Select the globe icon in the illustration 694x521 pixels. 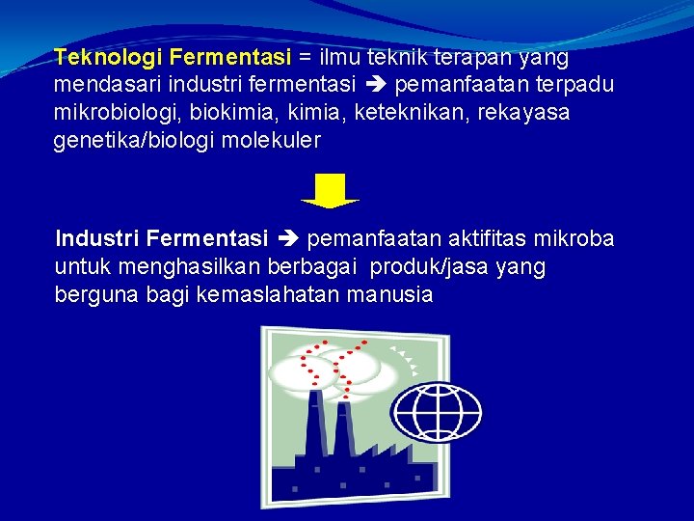tap(423, 413)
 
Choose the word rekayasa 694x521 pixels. tap(521, 113)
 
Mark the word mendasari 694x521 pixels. tap(102, 85)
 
